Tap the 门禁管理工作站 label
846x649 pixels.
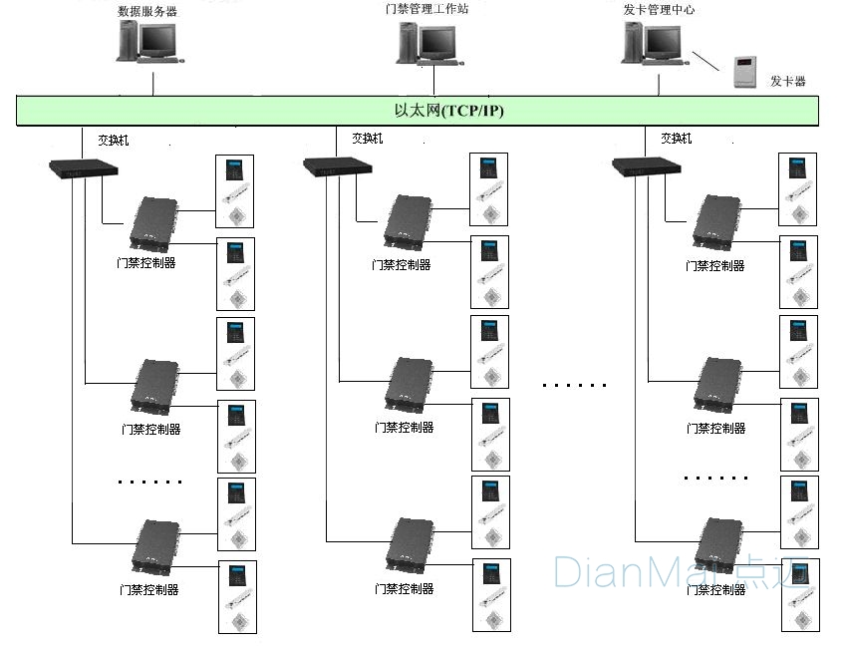click(425, 9)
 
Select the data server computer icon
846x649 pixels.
click(148, 44)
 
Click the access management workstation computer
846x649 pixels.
click(428, 44)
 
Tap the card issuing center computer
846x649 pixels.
click(653, 44)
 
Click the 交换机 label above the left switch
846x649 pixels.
click(113, 141)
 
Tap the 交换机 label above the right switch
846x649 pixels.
click(676, 139)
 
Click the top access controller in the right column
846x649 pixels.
click(716, 222)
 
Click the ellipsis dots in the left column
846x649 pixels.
click(149, 482)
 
